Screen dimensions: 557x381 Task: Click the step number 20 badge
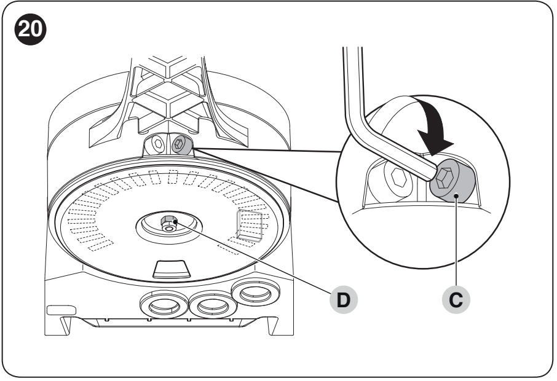point(30,29)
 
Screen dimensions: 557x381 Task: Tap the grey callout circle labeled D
point(343,300)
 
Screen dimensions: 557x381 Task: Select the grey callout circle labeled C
point(456,300)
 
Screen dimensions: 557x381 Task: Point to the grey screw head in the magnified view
point(452,181)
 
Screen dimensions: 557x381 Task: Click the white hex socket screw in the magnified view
point(398,178)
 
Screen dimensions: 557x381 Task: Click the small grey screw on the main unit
point(181,144)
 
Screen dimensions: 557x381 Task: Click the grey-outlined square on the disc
point(250,226)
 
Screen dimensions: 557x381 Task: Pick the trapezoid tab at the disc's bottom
point(172,269)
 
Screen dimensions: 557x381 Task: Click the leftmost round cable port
point(164,305)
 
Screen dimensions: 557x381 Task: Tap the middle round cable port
point(213,305)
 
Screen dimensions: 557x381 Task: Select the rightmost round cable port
point(255,293)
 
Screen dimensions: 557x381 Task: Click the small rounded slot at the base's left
point(61,310)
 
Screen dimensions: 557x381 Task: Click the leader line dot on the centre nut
point(175,222)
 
